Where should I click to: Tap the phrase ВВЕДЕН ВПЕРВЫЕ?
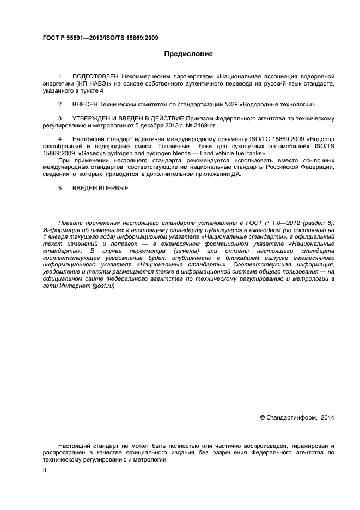tap(100, 188)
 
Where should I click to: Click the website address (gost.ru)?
tap(103, 286)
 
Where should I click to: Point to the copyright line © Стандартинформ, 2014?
tap(297, 418)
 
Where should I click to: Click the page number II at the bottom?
tap(45, 470)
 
